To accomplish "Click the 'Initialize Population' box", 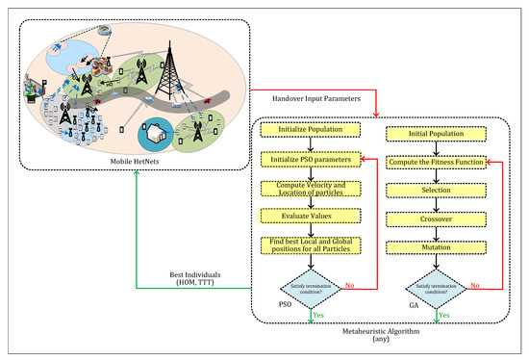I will [309, 129].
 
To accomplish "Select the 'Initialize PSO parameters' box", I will [309, 157].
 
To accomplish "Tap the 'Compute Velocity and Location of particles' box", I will [309, 189].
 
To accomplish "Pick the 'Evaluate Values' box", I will [309, 219].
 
